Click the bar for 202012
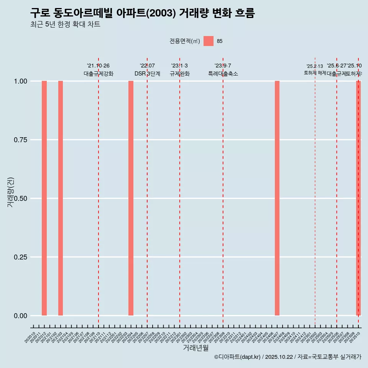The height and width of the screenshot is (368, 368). click(x=44, y=198)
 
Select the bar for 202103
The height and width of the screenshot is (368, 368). click(x=61, y=198)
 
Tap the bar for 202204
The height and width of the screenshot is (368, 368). click(x=131, y=198)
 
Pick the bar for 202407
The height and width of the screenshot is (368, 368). click(x=277, y=198)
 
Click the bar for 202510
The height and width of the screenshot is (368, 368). click(x=358, y=198)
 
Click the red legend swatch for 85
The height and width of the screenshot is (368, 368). click(x=208, y=41)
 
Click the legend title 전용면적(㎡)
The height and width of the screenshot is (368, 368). click(x=185, y=41)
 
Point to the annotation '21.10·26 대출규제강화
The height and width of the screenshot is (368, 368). click(x=99, y=70)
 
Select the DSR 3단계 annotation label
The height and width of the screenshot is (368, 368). click(x=147, y=74)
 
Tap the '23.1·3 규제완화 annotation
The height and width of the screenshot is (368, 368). click(x=179, y=70)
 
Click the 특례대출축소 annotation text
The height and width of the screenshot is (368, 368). click(x=223, y=74)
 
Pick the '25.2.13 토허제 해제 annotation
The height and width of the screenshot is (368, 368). click(x=315, y=69)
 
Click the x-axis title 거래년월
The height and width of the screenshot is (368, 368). click(x=195, y=348)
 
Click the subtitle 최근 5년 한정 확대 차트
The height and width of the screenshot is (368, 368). click(x=65, y=25)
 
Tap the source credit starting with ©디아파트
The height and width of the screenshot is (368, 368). click(x=287, y=357)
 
